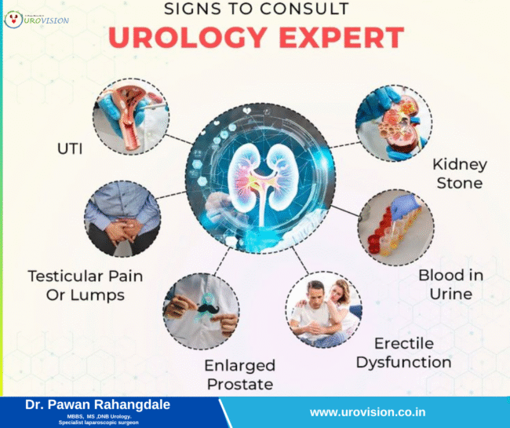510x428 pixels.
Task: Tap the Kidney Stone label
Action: point(460,174)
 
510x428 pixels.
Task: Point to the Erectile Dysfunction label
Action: point(403,353)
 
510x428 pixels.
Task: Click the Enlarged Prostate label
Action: point(239,375)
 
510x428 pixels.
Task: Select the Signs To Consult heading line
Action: point(256,11)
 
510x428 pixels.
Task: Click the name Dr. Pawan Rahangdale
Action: point(97,404)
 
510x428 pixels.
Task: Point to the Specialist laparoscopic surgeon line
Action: point(98,423)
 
